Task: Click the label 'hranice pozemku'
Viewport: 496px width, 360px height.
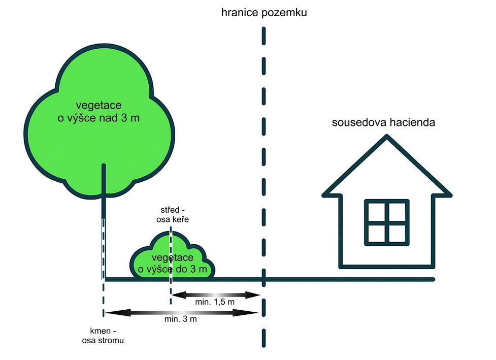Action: [264, 13]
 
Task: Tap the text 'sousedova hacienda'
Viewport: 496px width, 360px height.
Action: [384, 122]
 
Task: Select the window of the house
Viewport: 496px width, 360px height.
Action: [387, 221]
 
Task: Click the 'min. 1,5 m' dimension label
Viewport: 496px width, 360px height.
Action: [215, 303]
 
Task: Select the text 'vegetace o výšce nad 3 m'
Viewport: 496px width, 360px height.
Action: [98, 112]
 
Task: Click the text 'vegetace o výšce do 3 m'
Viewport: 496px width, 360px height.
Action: [173, 264]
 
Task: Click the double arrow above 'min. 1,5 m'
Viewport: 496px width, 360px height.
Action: [216, 294]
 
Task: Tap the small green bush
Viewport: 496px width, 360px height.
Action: [147, 259]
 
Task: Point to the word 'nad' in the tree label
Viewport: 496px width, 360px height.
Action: [116, 118]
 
